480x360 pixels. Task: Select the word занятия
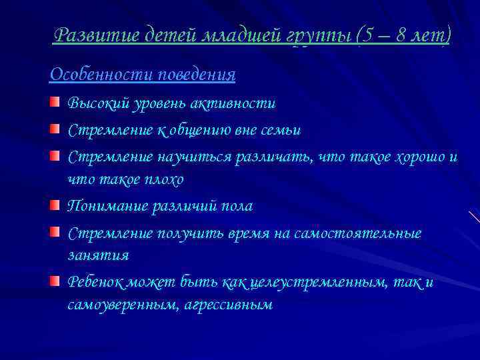98,255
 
